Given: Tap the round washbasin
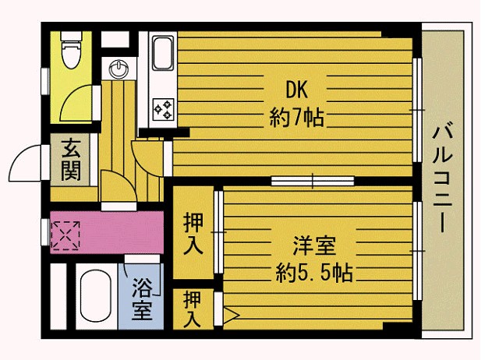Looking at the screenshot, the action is [119, 69].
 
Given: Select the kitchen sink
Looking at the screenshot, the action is [163, 54].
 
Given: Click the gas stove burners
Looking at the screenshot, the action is [163, 109].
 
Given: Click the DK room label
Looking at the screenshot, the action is [296, 90].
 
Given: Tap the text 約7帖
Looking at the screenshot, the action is [296, 118].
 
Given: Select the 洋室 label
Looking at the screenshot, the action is [314, 245].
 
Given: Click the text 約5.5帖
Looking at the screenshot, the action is [314, 273].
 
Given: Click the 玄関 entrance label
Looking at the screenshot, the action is [71, 160].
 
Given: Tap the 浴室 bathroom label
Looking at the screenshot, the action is [142, 299].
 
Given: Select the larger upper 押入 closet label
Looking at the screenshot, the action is [193, 234].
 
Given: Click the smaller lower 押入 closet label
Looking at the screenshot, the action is [192, 309].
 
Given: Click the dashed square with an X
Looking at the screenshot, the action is [65, 235].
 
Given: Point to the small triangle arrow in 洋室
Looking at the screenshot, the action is [231, 315].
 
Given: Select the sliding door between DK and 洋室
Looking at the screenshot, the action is [313, 181].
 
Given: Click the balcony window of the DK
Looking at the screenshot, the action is [417, 110].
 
